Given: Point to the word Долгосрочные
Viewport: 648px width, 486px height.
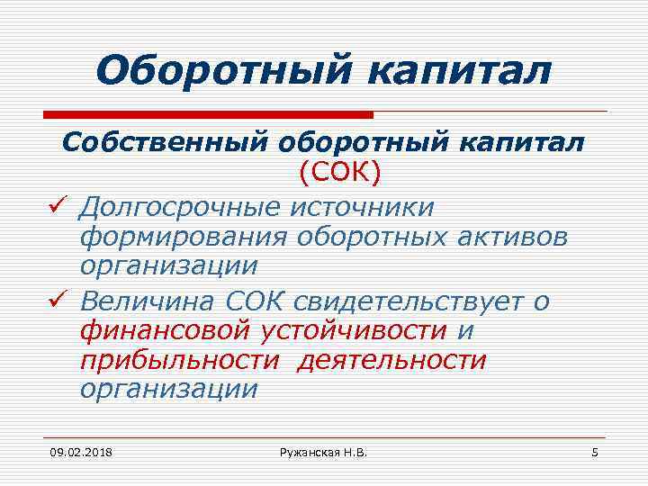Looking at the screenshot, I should pyautogui.click(x=177, y=207).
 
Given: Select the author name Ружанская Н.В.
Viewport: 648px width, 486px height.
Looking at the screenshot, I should pyautogui.click(x=323, y=450).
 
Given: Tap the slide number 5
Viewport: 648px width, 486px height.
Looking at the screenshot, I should pyautogui.click(x=594, y=450).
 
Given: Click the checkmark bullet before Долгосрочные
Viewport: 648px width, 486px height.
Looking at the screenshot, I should pyautogui.click(x=59, y=208).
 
